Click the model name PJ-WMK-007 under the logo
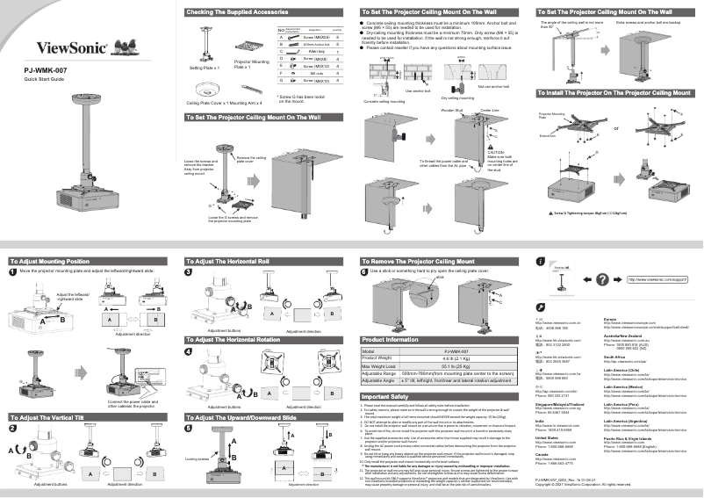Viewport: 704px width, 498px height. click(45, 69)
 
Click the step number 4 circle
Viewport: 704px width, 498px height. click(189, 351)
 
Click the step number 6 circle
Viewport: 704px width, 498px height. click(364, 272)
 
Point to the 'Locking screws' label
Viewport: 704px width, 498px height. click(198, 458)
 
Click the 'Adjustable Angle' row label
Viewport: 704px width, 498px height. click(382, 379)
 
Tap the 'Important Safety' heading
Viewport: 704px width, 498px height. click(385, 396)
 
